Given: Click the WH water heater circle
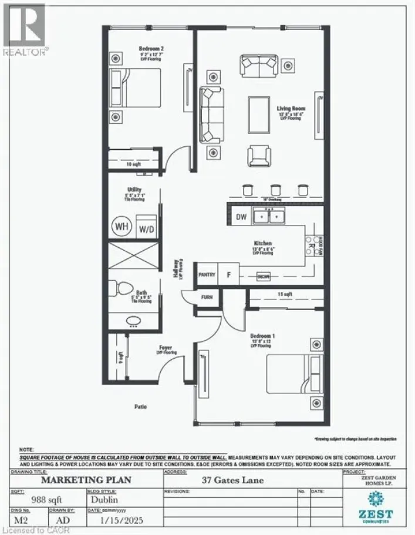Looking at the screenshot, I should [122, 226].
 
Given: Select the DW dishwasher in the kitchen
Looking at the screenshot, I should [241, 217].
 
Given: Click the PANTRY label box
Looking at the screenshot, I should [207, 274].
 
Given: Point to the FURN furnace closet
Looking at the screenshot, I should [207, 297].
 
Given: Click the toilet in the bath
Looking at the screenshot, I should [122, 288].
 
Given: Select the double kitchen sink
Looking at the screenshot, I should [267, 216].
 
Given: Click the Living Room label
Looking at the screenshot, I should [289, 108].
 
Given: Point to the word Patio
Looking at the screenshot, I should [139, 406].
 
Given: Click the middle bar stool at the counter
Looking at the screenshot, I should [275, 189].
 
